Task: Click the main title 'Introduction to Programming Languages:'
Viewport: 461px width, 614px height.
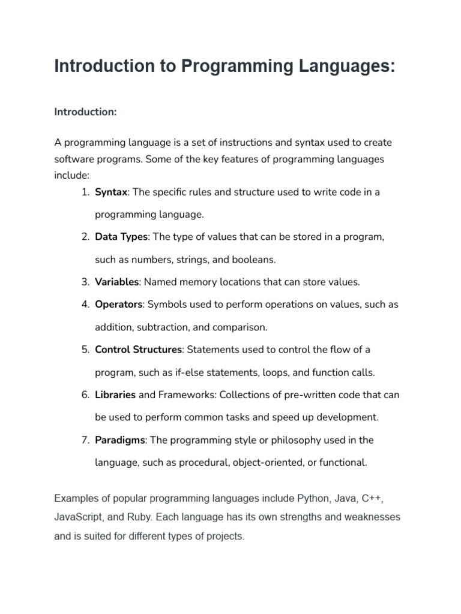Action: tap(224, 66)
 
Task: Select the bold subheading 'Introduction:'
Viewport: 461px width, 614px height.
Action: tap(85, 112)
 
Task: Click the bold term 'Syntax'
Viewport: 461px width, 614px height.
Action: tap(111, 192)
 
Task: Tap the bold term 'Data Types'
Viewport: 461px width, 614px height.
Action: tap(121, 237)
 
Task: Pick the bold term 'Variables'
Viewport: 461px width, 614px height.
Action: tap(117, 282)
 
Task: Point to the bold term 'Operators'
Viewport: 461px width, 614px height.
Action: tap(119, 304)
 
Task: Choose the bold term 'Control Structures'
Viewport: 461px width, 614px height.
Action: tap(138, 350)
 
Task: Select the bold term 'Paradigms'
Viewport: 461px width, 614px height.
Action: tap(120, 440)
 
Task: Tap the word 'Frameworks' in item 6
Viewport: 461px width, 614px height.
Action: tap(186, 395)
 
